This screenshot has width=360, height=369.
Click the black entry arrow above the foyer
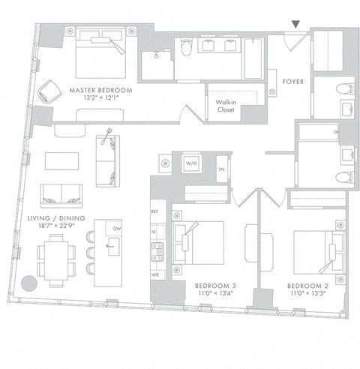[x=296, y=25]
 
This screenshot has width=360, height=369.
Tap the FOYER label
[x=292, y=81]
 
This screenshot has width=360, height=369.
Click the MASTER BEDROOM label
[x=100, y=90]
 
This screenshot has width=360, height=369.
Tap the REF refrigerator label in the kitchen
[x=155, y=211]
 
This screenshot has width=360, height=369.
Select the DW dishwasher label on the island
[x=116, y=229]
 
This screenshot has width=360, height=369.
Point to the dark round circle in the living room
[x=29, y=283]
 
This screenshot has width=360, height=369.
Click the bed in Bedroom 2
[x=313, y=249]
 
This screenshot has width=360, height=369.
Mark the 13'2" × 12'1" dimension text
[x=100, y=98]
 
